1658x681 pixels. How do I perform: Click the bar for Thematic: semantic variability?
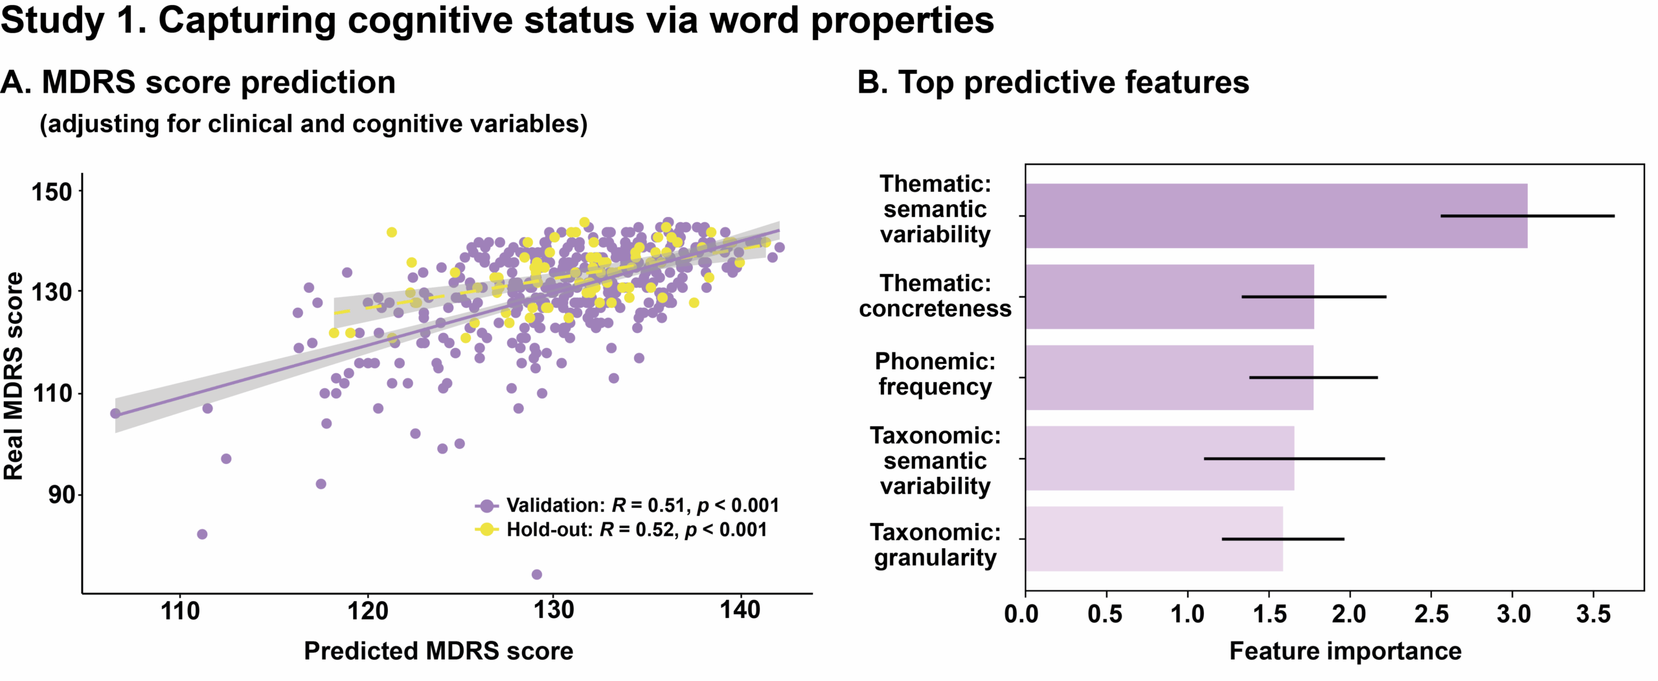[x=1276, y=216]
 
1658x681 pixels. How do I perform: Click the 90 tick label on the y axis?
[x=61, y=495]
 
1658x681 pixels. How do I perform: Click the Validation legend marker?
[x=486, y=505]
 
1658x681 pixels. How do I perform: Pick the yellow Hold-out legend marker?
[x=486, y=529]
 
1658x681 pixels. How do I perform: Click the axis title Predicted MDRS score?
[x=438, y=651]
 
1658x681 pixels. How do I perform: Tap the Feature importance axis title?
[x=1345, y=651]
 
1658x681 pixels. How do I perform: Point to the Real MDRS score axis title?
[x=14, y=376]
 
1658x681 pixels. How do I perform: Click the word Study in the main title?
[x=52, y=21]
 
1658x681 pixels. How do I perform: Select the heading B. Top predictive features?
[x=1053, y=82]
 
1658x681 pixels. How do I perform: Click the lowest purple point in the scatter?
[x=536, y=574]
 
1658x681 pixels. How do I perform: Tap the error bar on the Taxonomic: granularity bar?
[x=1282, y=539]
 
